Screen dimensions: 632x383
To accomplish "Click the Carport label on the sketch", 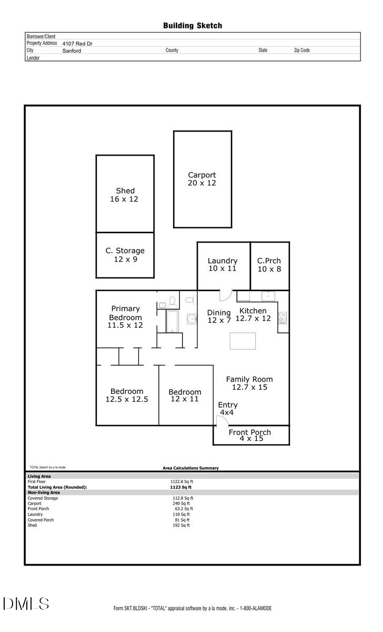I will [x=202, y=179].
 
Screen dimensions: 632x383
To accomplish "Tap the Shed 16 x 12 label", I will [x=125, y=195].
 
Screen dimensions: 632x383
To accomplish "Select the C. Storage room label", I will [x=125, y=255].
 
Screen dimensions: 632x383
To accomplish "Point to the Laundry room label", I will [x=222, y=264].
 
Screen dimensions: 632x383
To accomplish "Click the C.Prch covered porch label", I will [x=269, y=264].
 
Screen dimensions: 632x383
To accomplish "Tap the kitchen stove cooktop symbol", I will [x=283, y=318].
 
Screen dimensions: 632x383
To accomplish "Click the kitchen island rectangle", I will [x=243, y=341].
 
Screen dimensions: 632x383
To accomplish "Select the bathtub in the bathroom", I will [x=173, y=321].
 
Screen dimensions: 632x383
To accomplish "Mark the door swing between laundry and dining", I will [x=224, y=295].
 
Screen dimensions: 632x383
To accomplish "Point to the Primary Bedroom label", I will [x=125, y=317].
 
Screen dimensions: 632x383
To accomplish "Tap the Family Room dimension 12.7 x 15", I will [x=249, y=387].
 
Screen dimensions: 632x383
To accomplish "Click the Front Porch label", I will [x=250, y=435].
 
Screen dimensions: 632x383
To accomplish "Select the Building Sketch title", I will [x=193, y=25].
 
